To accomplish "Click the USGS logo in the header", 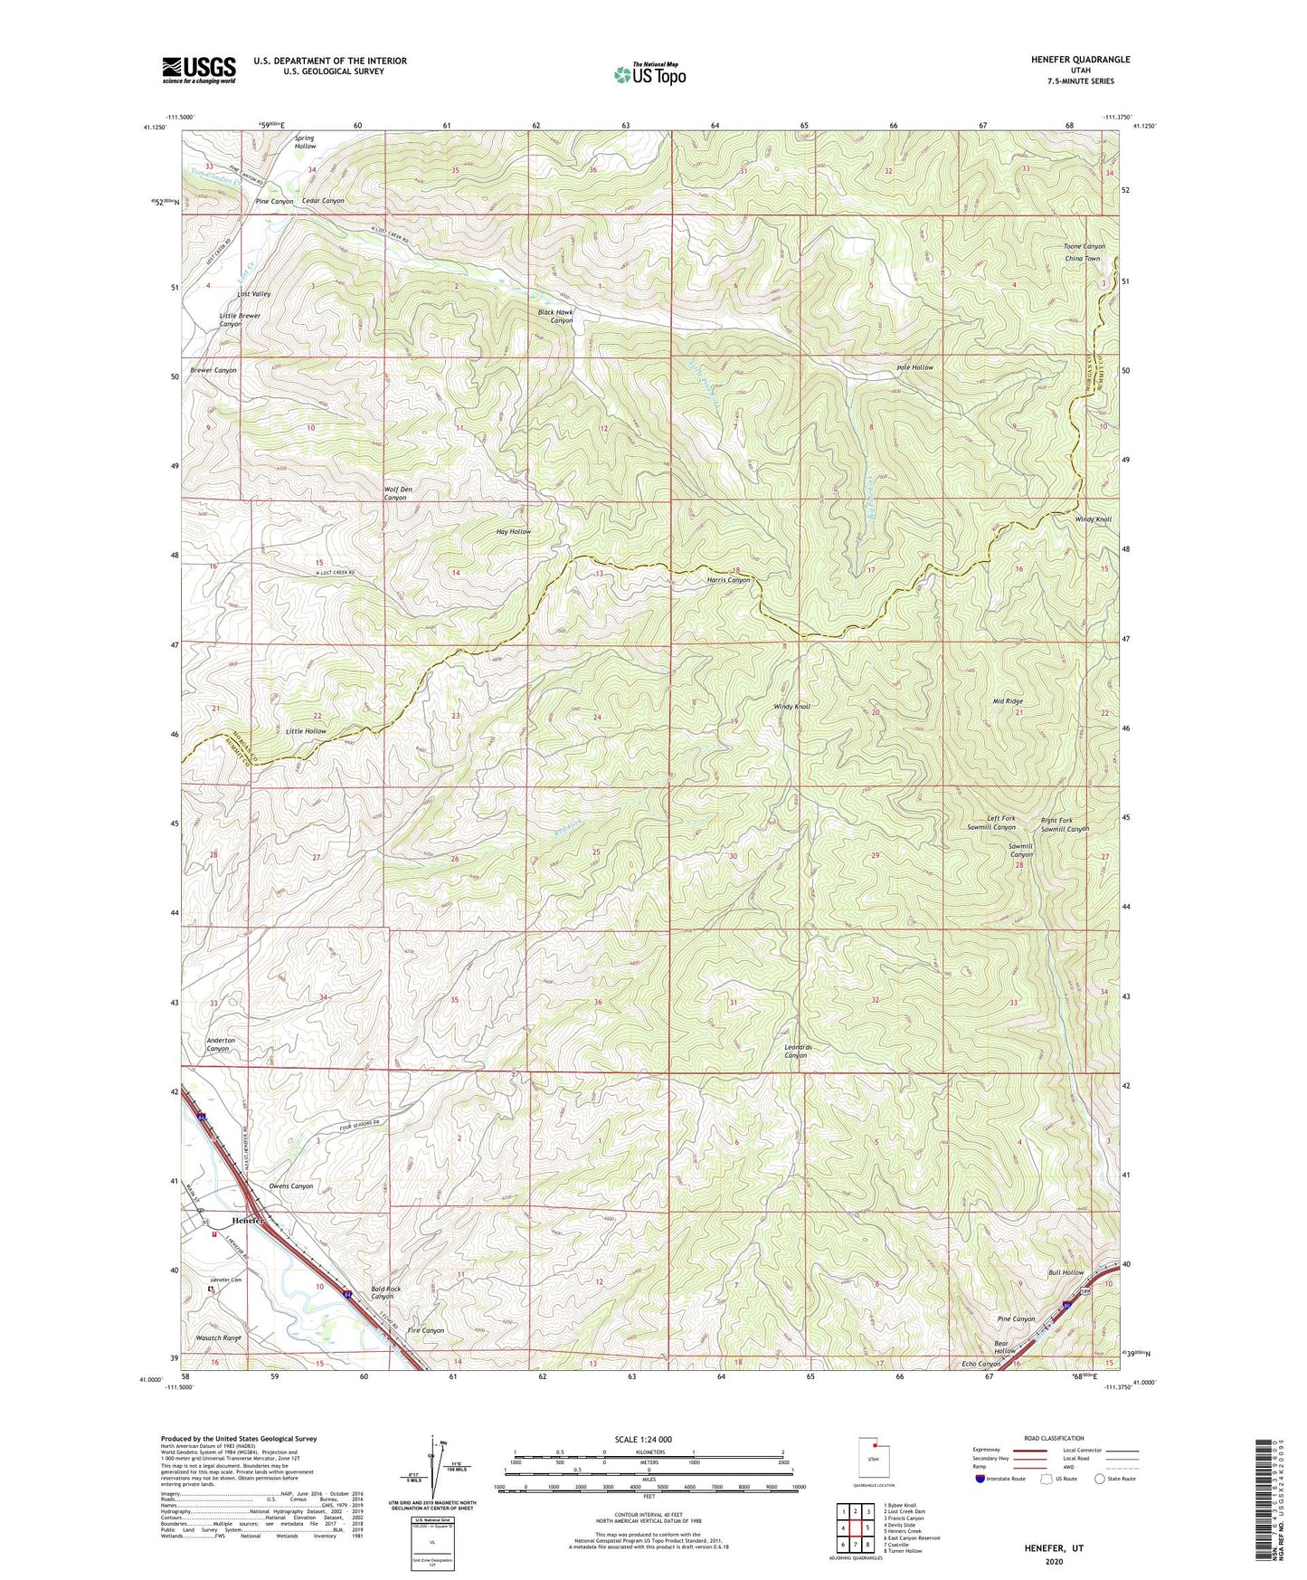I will click(x=199, y=70).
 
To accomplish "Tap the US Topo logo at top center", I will click(x=649, y=74).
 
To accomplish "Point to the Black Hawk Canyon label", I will click(x=555, y=316).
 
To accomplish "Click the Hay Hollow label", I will click(x=514, y=531).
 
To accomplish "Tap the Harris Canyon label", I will click(x=728, y=580).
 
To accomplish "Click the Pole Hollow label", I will click(x=914, y=367).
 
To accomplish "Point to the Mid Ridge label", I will click(x=1008, y=701).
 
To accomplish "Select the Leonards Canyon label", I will click(x=796, y=1051).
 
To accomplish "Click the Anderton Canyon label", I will click(x=221, y=1044).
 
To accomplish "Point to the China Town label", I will click(x=1083, y=259).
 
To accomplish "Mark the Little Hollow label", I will click(x=306, y=730).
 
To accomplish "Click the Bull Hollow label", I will click(x=1065, y=1272).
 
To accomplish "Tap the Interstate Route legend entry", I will click(x=1001, y=1479).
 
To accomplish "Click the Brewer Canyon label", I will click(x=213, y=370).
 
